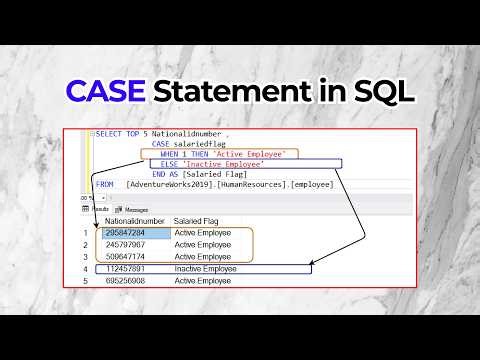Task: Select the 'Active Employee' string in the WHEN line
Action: click(x=262, y=153)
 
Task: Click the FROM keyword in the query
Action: click(x=105, y=184)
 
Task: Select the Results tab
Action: click(x=99, y=209)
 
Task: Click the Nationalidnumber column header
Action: click(x=134, y=220)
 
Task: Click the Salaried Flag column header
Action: click(x=197, y=220)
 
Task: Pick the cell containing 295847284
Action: click(x=130, y=233)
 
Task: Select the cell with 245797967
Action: click(x=130, y=245)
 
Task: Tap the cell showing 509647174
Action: click(x=130, y=257)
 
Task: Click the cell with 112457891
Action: click(x=130, y=269)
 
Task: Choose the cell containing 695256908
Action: click(x=130, y=281)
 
